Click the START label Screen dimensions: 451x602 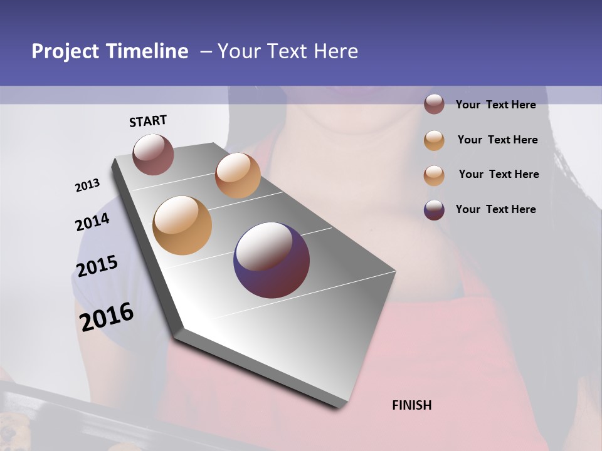[x=148, y=121]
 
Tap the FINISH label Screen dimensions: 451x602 [x=412, y=405]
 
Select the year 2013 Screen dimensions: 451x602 [x=87, y=185]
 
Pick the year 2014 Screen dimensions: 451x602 [x=92, y=222]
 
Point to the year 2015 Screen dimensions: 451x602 [x=97, y=266]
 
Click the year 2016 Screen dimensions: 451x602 [x=107, y=316]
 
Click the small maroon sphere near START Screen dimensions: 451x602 [x=153, y=154]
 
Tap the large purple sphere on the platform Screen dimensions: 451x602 [x=272, y=259]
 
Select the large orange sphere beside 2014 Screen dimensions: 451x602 [x=182, y=225]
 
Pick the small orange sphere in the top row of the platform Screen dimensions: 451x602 [x=238, y=175]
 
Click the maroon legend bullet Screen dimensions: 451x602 [x=434, y=104]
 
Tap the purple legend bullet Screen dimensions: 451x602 [x=434, y=210]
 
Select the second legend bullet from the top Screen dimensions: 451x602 [x=434, y=140]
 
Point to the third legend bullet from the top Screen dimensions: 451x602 [x=434, y=175]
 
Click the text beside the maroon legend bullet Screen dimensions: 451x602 [x=495, y=105]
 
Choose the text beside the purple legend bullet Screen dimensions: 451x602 [x=495, y=209]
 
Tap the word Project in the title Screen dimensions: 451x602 [x=65, y=51]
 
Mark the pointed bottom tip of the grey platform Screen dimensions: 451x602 [x=342, y=406]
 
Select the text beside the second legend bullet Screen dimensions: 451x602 [x=497, y=140]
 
